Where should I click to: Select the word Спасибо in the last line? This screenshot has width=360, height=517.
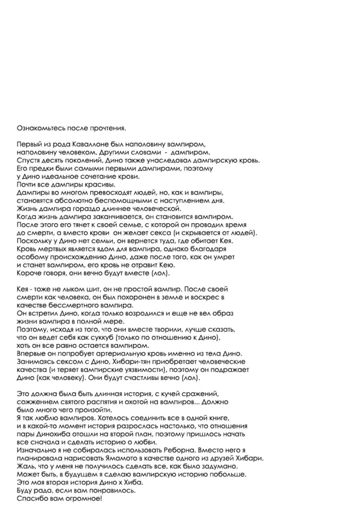pyautogui.click(x=34, y=499)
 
